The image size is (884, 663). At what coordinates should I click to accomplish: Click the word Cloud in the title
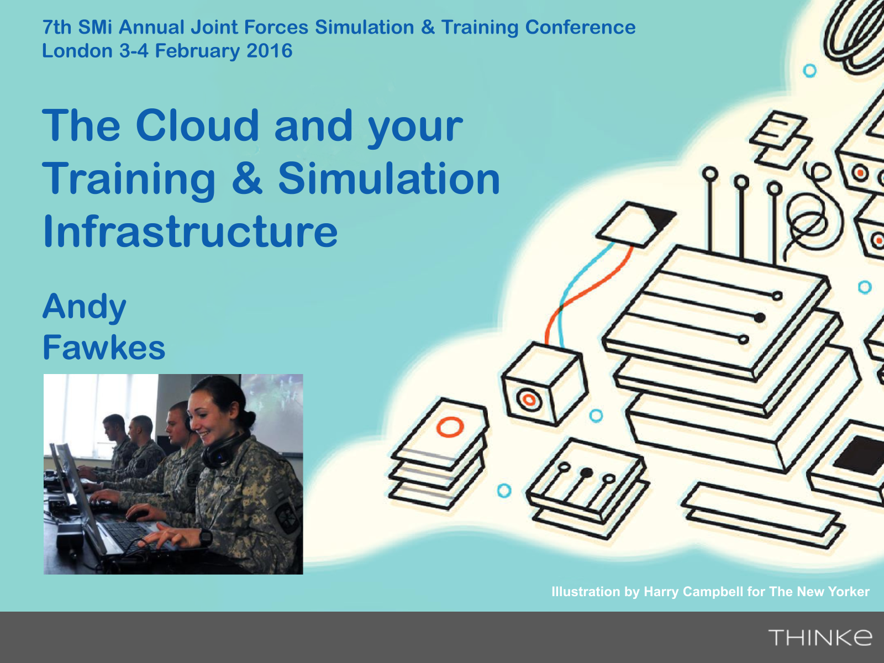[x=197, y=125]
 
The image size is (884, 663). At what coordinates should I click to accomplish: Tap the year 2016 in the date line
[x=270, y=51]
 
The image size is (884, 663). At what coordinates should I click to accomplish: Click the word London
[x=77, y=51]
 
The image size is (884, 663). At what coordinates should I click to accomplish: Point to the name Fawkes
[x=104, y=347]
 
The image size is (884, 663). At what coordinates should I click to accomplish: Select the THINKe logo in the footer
[x=820, y=637]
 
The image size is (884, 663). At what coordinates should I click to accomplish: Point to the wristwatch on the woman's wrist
[x=206, y=538]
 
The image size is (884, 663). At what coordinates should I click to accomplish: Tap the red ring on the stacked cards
[x=450, y=427]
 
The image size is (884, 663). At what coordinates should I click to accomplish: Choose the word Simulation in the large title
[x=388, y=178]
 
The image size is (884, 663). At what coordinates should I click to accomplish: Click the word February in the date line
[x=197, y=51]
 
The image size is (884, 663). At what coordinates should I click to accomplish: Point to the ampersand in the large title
[x=247, y=178]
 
